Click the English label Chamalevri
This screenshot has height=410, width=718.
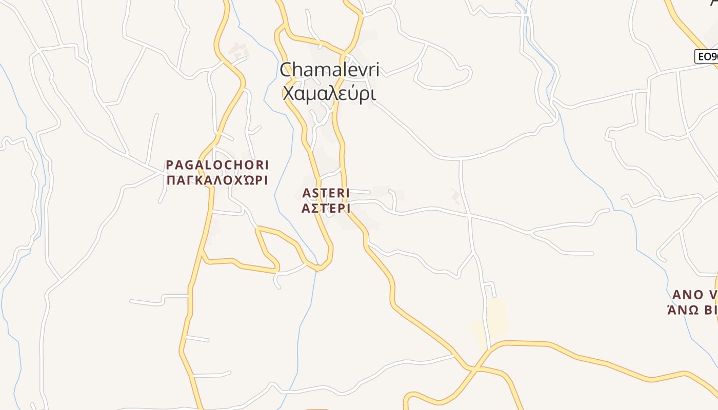tap(329, 70)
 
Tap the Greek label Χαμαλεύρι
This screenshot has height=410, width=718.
tap(329, 93)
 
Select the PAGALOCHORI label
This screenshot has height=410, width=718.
tap(217, 165)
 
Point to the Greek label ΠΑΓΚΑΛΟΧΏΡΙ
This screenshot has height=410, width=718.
tap(217, 180)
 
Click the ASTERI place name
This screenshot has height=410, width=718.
tap(326, 193)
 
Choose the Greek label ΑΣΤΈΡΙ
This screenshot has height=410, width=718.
tap(326, 208)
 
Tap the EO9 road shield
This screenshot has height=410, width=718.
tap(707, 56)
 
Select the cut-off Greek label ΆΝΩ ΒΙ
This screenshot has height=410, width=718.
tap(692, 310)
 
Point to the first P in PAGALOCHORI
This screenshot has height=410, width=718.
tap(170, 165)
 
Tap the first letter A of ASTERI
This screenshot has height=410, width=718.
tap(307, 193)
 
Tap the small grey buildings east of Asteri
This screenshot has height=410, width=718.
tap(455, 196)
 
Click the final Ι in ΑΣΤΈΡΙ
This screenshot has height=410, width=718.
tap(347, 209)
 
